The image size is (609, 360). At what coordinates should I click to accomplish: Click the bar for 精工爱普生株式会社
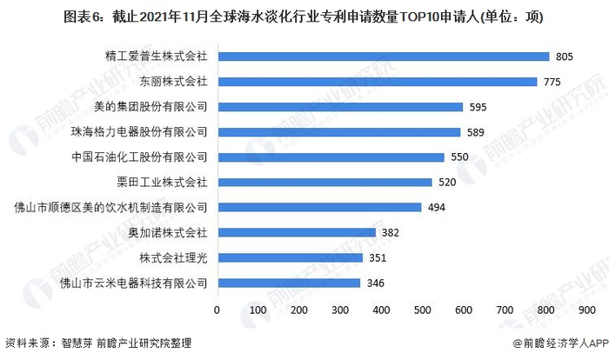click(x=383, y=57)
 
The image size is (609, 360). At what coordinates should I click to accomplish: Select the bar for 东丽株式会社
click(x=377, y=82)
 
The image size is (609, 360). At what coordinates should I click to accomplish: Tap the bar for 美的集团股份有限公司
click(x=339, y=107)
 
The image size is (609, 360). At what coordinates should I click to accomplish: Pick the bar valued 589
click(x=338, y=132)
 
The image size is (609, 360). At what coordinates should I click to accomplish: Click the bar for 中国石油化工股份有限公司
click(x=331, y=157)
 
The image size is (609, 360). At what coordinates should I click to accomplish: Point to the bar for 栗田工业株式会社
click(x=325, y=183)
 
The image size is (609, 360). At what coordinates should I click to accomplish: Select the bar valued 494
click(x=319, y=208)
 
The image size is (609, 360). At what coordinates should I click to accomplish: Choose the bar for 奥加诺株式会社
click(x=296, y=232)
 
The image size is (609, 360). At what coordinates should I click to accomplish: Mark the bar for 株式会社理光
click(x=290, y=257)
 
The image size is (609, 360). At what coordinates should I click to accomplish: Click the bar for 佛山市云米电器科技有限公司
click(x=289, y=283)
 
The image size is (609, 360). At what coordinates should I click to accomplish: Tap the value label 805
click(x=565, y=57)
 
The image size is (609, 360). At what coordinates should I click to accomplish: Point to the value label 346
click(x=376, y=283)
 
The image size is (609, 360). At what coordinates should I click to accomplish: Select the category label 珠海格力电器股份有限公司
click(x=139, y=132)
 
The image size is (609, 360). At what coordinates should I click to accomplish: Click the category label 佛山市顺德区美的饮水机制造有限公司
click(x=110, y=208)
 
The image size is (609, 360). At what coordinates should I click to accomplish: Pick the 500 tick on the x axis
click(x=423, y=309)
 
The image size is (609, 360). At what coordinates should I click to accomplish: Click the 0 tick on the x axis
click(x=217, y=309)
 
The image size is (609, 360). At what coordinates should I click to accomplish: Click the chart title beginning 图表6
click(x=304, y=17)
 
